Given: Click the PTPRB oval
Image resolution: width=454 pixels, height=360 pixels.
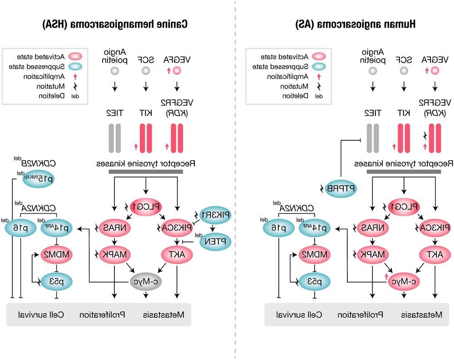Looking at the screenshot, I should point(340,188).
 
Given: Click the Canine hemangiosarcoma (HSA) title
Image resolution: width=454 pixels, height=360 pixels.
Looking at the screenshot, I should point(115,24).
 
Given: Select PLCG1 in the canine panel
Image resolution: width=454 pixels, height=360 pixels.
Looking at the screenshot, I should point(146,206).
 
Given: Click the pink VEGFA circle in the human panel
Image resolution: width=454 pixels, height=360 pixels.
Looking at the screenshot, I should point(434,71).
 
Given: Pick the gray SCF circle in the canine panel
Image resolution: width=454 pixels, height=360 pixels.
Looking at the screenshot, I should point(146,71).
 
